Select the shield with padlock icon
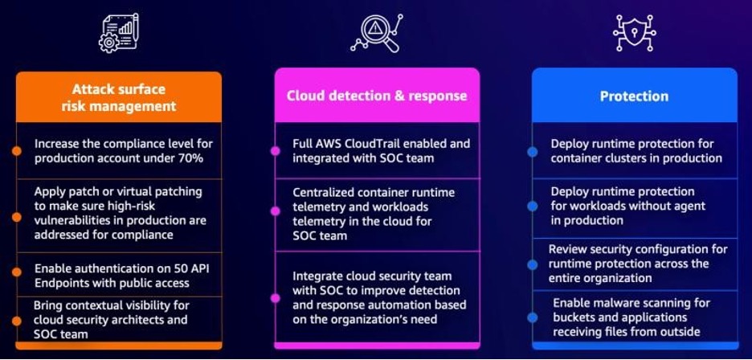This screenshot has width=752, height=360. pyautogui.click(x=634, y=33)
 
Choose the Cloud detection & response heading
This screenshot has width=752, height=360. pyautogui.click(x=377, y=96)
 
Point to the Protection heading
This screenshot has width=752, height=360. pyautogui.click(x=634, y=96)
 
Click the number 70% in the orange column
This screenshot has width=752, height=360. pyautogui.click(x=190, y=158)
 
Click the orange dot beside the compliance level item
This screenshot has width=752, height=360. pyautogui.click(x=16, y=151)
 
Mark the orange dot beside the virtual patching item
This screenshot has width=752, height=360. pyautogui.click(x=16, y=213)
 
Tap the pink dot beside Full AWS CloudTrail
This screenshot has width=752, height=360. pyautogui.click(x=275, y=151)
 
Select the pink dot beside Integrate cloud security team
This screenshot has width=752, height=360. pyautogui.click(x=275, y=297)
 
